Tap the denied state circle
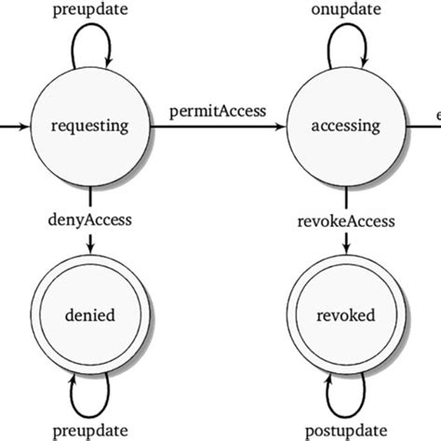point(89,315)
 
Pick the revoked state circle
point(346,315)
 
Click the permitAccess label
point(217,111)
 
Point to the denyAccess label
point(89,220)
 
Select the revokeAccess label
point(346,220)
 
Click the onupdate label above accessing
point(346,9)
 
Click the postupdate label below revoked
point(346,431)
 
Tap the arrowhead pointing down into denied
point(89,247)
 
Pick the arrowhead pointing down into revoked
point(346,247)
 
